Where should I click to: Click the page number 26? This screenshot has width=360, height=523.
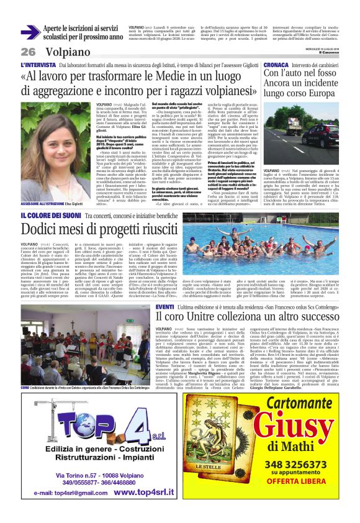[x=29, y=52]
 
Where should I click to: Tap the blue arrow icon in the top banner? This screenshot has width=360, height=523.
[x=30, y=32]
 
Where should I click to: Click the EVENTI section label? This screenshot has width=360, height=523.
[x=165, y=307]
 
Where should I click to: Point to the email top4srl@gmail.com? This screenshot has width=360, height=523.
[x=70, y=494]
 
